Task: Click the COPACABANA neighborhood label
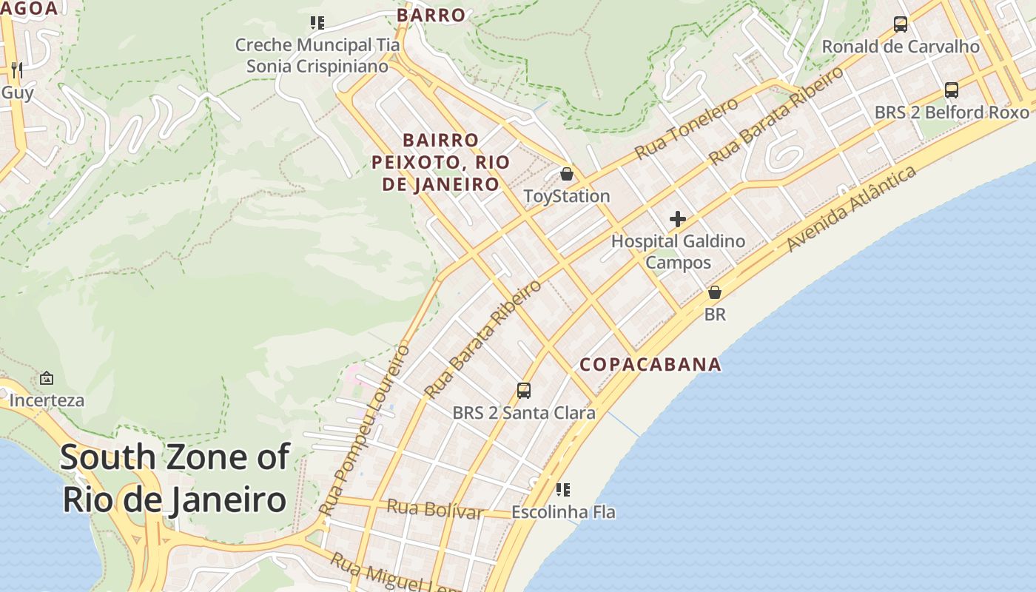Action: pyautogui.click(x=650, y=364)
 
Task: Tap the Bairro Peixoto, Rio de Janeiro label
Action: pyautogui.click(x=441, y=162)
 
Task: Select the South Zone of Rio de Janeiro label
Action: pyautogui.click(x=175, y=478)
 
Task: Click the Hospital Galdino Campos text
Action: pyautogui.click(x=678, y=252)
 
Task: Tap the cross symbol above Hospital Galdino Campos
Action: pyautogui.click(x=677, y=219)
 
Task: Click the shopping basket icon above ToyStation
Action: pyautogui.click(x=567, y=174)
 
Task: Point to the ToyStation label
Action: pyautogui.click(x=567, y=196)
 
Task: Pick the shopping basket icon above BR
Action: pyautogui.click(x=715, y=292)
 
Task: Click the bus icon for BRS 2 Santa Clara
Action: pyautogui.click(x=524, y=390)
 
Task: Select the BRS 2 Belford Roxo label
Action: pyautogui.click(x=952, y=112)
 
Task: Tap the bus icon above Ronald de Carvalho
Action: pyautogui.click(x=901, y=24)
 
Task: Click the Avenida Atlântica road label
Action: pyautogui.click(x=851, y=209)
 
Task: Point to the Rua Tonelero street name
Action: pyautogui.click(x=686, y=128)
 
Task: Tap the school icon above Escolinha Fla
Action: pyautogui.click(x=563, y=489)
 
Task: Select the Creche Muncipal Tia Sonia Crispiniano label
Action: pyautogui.click(x=317, y=55)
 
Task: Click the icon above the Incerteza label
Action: pyautogui.click(x=47, y=378)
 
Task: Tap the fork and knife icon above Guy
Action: pyautogui.click(x=17, y=70)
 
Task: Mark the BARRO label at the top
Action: pyautogui.click(x=431, y=15)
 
